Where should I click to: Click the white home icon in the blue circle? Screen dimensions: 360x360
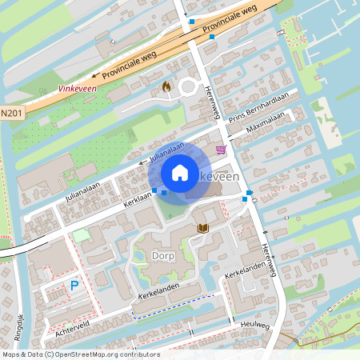point(180,172)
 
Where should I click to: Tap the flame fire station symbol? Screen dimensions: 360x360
point(166,86)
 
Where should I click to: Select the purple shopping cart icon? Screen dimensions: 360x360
point(221,150)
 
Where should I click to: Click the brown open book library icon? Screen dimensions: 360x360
point(203,229)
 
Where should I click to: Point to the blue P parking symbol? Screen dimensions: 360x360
point(74,285)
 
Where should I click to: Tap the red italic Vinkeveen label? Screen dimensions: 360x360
point(78,90)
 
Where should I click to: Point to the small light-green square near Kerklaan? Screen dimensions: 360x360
point(82,235)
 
